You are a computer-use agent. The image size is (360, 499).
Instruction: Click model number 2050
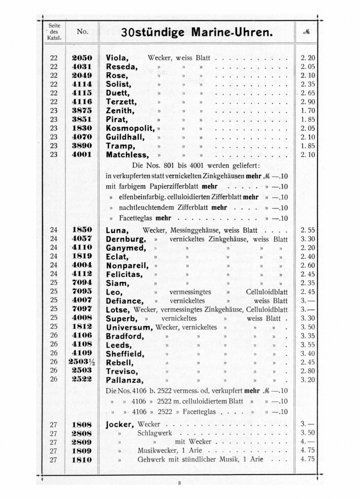[82, 58]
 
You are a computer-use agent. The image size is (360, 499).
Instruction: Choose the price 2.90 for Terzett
[308, 102]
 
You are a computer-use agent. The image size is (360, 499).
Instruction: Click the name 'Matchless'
[127, 155]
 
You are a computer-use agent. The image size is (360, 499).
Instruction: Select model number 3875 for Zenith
[82, 111]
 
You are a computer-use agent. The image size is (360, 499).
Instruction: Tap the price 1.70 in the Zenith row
[308, 111]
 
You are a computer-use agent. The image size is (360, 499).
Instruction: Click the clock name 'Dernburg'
[126, 239]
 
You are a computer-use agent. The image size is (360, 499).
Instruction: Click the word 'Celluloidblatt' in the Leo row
[267, 292]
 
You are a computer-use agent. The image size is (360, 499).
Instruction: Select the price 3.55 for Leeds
[308, 345]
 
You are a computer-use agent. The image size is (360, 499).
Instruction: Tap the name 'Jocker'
[120, 424]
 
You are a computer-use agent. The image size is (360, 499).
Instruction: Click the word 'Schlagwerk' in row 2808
[154, 433]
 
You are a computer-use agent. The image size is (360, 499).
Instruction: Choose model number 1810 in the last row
[82, 460]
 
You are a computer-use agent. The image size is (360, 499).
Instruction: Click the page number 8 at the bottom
[179, 483]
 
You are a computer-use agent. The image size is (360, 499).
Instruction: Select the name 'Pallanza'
[124, 380]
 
